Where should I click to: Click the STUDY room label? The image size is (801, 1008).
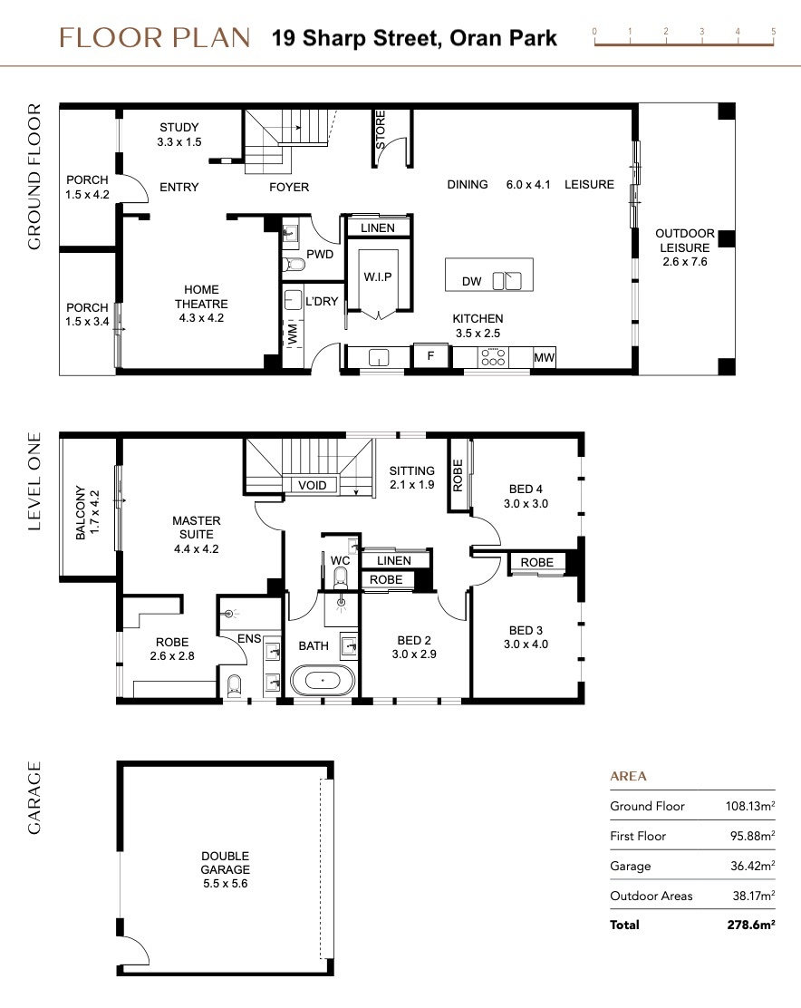pos(179,127)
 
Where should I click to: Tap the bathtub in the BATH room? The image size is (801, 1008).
pos(323,680)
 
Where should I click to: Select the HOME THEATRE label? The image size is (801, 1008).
pos(201,296)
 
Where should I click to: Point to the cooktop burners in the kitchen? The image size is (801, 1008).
pos(493,357)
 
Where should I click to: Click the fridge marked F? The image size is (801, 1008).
pos(430,355)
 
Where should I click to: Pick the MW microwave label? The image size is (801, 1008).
pos(544,357)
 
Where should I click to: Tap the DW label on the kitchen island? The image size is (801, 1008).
pos(471,281)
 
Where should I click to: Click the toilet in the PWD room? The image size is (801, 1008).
pos(294,264)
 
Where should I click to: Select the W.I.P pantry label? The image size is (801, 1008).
pos(378,276)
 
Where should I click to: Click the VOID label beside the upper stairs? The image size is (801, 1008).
pos(313,485)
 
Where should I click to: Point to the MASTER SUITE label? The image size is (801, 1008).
pos(197,528)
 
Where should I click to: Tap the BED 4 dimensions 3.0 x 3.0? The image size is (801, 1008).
pos(526,503)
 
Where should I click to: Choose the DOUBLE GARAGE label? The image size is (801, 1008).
pos(225,863)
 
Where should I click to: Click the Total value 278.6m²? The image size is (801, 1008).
pos(751,925)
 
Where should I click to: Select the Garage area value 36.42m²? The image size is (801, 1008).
pos(753,866)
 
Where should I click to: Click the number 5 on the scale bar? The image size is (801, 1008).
pos(774,31)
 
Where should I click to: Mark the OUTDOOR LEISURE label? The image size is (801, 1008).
pos(685,240)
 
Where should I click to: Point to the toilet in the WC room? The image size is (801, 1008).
pos(341,578)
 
